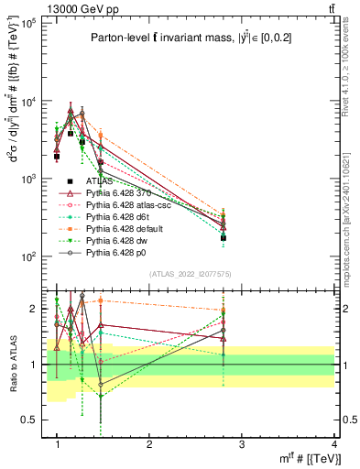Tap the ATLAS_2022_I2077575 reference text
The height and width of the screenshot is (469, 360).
(190, 274)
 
